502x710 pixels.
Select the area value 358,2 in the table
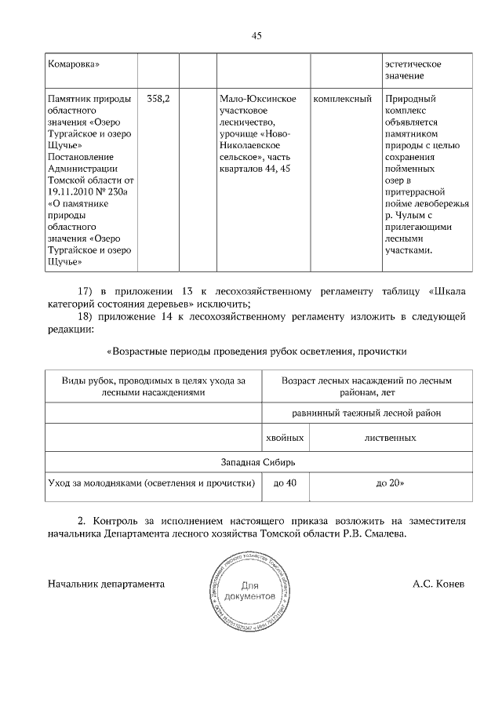(x=159, y=99)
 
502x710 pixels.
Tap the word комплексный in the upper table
(x=342, y=99)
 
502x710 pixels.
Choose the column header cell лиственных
(x=390, y=437)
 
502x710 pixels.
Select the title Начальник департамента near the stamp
(x=106, y=584)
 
